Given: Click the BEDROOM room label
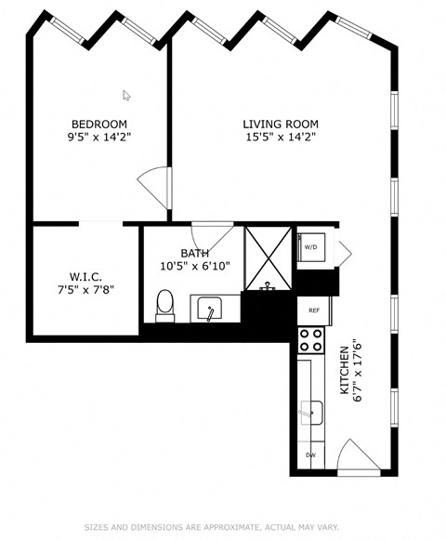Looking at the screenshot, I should pyautogui.click(x=99, y=124).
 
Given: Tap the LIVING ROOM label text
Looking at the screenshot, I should pyautogui.click(x=281, y=124).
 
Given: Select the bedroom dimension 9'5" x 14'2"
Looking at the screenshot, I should pyautogui.click(x=99, y=137).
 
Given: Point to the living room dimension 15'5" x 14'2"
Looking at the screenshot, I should pyautogui.click(x=281, y=137).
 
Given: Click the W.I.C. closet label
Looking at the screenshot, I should pyautogui.click(x=85, y=276).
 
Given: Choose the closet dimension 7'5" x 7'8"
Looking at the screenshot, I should pyautogui.click(x=85, y=289).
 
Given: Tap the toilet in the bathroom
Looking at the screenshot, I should pyautogui.click(x=165, y=304).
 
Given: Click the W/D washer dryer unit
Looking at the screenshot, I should pyautogui.click(x=310, y=247).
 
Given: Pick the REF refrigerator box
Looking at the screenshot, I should pyautogui.click(x=313, y=310).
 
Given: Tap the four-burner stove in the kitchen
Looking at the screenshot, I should pyautogui.click(x=311, y=340).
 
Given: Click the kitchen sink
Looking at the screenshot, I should pyautogui.click(x=313, y=410).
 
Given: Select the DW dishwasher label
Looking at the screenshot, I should pyautogui.click(x=310, y=455).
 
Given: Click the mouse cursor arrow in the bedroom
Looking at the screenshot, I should pyautogui.click(x=126, y=94).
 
